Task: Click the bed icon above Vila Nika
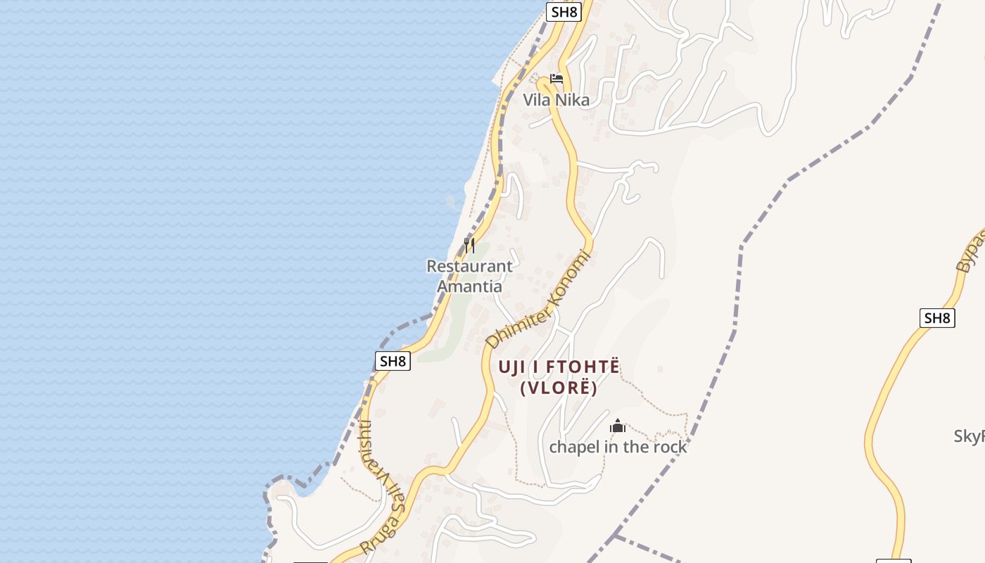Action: point(557,78)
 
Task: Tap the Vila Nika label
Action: point(556,100)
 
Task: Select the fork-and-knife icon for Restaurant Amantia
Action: point(469,246)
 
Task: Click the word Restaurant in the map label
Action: point(469,267)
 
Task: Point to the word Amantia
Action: point(469,286)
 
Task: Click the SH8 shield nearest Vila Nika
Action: point(564,11)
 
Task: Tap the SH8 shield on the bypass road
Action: point(937,318)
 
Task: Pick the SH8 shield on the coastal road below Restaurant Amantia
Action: point(392,361)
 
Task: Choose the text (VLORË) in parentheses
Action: point(559,388)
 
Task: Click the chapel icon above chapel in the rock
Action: point(618,426)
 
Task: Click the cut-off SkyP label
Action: point(970,436)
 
